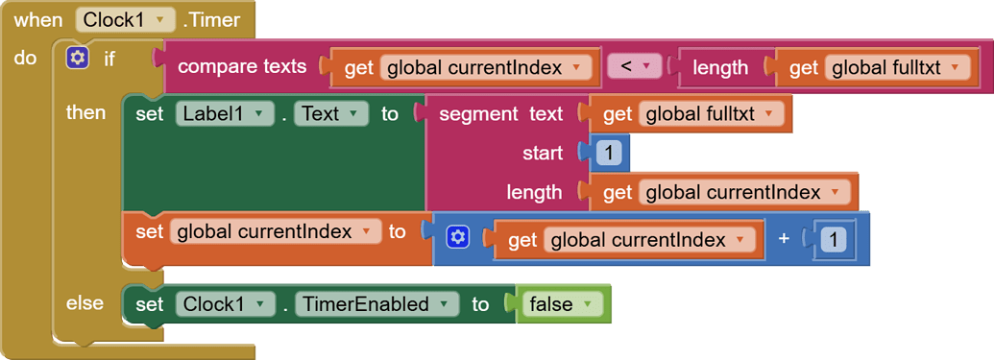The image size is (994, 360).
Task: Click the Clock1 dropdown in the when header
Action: pyautogui.click(x=126, y=19)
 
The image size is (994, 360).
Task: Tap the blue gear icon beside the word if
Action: pyautogui.click(x=78, y=59)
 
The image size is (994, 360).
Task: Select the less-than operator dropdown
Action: pyautogui.click(x=635, y=66)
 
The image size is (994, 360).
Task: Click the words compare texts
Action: pyautogui.click(x=242, y=66)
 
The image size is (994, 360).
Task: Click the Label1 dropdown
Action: pyautogui.click(x=220, y=113)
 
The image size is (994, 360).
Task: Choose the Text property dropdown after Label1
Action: pyautogui.click(x=330, y=113)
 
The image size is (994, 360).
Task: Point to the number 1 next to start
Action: pyautogui.click(x=609, y=153)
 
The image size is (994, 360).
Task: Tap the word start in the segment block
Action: pyautogui.click(x=543, y=153)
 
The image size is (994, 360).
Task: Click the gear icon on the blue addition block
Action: pyautogui.click(x=458, y=237)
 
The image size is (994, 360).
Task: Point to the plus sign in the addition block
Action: pyautogui.click(x=784, y=238)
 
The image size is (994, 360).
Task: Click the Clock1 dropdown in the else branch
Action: pyautogui.click(x=220, y=304)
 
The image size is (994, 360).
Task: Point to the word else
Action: pyautogui.click(x=85, y=302)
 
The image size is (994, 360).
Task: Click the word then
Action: pyautogui.click(x=85, y=112)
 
